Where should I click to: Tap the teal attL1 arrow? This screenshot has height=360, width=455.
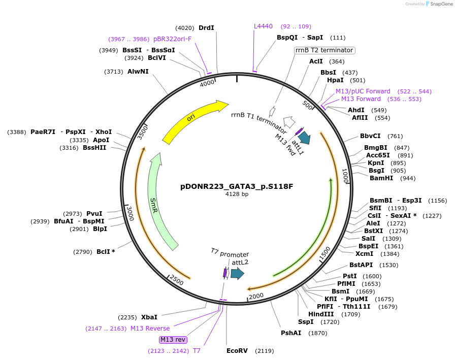[x=305, y=138]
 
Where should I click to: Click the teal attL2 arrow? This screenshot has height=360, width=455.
[x=237, y=274]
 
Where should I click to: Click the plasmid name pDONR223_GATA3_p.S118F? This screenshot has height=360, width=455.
[x=237, y=186]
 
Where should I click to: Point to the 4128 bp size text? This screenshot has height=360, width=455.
[x=237, y=194]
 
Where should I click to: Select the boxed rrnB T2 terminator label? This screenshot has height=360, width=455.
[x=324, y=50]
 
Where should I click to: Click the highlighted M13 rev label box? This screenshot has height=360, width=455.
[x=173, y=339]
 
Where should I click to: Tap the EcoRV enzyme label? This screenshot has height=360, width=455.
[x=237, y=350]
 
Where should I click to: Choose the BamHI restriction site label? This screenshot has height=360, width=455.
[x=381, y=178]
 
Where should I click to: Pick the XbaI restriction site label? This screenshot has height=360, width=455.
[x=149, y=317]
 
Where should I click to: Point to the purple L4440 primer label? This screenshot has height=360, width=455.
[x=263, y=26]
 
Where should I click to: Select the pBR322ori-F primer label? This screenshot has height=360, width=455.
[x=173, y=39]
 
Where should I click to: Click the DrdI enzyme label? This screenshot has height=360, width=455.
[x=206, y=28]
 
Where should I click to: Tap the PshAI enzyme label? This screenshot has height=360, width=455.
[x=291, y=333]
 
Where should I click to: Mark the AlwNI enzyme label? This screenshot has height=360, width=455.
[x=138, y=72]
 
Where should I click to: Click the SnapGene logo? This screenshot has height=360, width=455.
[x=439, y=4]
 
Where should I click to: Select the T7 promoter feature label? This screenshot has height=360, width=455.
[x=230, y=254]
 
